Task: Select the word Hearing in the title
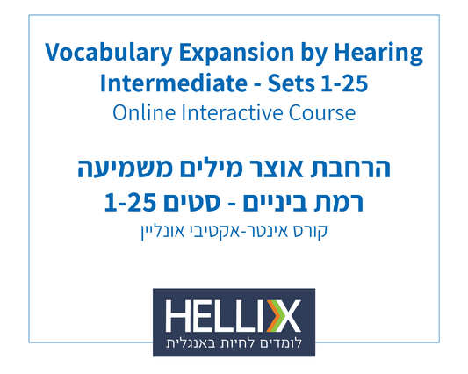click(378, 54)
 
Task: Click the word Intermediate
click(162, 85)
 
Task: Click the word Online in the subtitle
click(143, 114)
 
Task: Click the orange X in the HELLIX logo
click(287, 313)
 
